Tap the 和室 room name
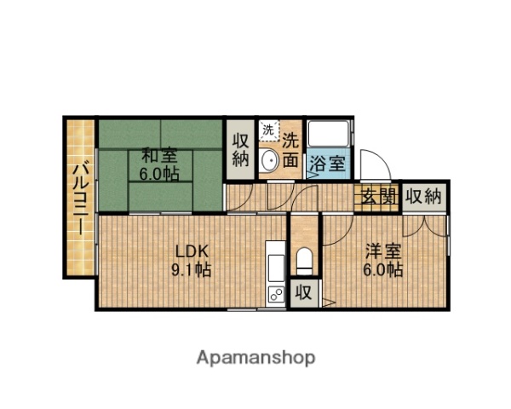[x=159, y=155]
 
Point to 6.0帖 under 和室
[x=159, y=174]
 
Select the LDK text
[x=192, y=251]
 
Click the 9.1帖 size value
[x=192, y=270]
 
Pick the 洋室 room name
[x=383, y=251]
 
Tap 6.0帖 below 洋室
[x=383, y=270]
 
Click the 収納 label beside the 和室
[x=239, y=148]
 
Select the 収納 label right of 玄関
[x=423, y=197]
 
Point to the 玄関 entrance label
[x=379, y=197]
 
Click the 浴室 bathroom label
[x=327, y=164]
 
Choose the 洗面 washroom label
[x=291, y=148]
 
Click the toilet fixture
[x=304, y=259]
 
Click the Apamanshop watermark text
[x=255, y=357]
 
